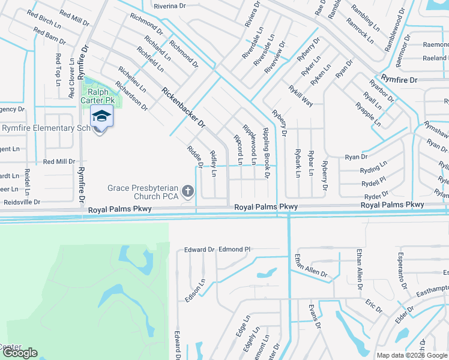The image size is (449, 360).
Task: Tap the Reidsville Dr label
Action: click(x=20, y=203)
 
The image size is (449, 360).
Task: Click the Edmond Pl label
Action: click(x=234, y=249)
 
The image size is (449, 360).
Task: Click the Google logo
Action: click(x=19, y=353)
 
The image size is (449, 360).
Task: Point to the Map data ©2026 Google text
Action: click(x=411, y=355)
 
